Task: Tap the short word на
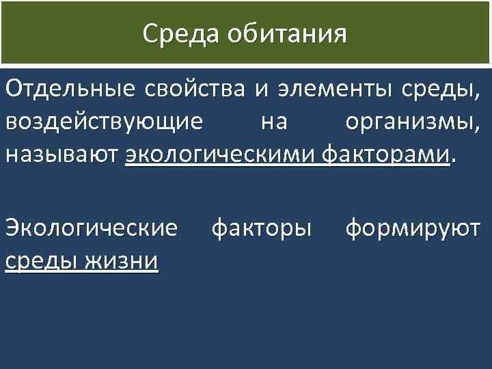click(x=274, y=123)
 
